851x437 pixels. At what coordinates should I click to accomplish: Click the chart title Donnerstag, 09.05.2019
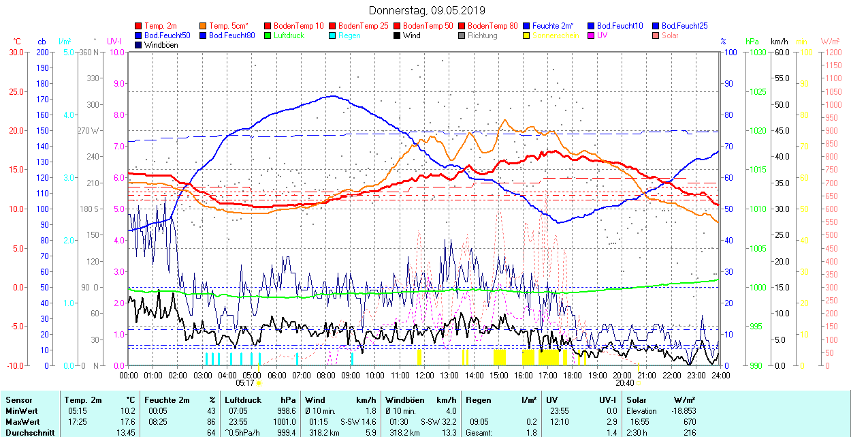427,10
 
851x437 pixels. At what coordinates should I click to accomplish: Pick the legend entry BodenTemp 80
492,26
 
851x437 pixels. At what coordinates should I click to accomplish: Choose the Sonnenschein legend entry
556,35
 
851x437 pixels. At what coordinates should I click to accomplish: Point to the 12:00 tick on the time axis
425,376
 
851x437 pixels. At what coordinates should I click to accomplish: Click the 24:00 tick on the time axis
720,376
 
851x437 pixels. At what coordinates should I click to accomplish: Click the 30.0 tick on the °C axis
15,52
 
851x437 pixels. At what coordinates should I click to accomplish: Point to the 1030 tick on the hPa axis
755,52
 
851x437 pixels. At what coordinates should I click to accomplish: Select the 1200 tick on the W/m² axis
832,52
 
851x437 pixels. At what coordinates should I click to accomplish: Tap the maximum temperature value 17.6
127,421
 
